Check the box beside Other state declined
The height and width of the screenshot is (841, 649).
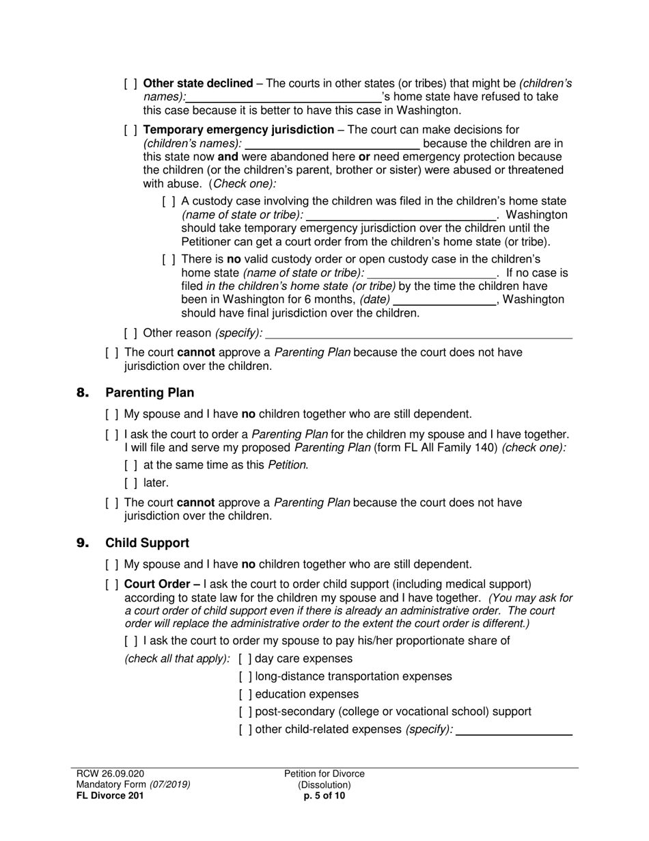pos(130,83)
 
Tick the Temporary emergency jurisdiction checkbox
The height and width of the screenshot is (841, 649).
pos(130,130)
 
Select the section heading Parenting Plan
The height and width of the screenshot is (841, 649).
pos(150,392)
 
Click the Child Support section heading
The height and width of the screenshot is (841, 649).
pos(147,543)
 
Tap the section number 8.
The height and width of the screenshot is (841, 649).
pos(83,392)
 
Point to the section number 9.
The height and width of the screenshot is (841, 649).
pos(83,543)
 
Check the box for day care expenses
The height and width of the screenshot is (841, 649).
pos(245,659)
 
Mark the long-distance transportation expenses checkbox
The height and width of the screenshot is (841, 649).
pos(245,677)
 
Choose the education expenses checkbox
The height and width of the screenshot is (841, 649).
pos(245,695)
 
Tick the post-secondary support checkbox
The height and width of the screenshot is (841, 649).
pos(245,712)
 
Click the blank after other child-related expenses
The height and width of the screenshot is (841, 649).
pos(513,730)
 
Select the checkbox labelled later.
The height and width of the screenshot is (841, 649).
pos(130,483)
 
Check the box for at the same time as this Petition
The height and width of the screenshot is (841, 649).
pos(130,466)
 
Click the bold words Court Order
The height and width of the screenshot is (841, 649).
pos(161,585)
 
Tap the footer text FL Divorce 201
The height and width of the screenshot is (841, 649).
pos(110,796)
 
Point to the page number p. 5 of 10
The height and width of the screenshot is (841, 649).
pos(324,796)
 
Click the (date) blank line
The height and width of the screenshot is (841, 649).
pos(445,300)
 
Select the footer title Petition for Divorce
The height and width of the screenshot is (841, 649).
pos(324,774)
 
